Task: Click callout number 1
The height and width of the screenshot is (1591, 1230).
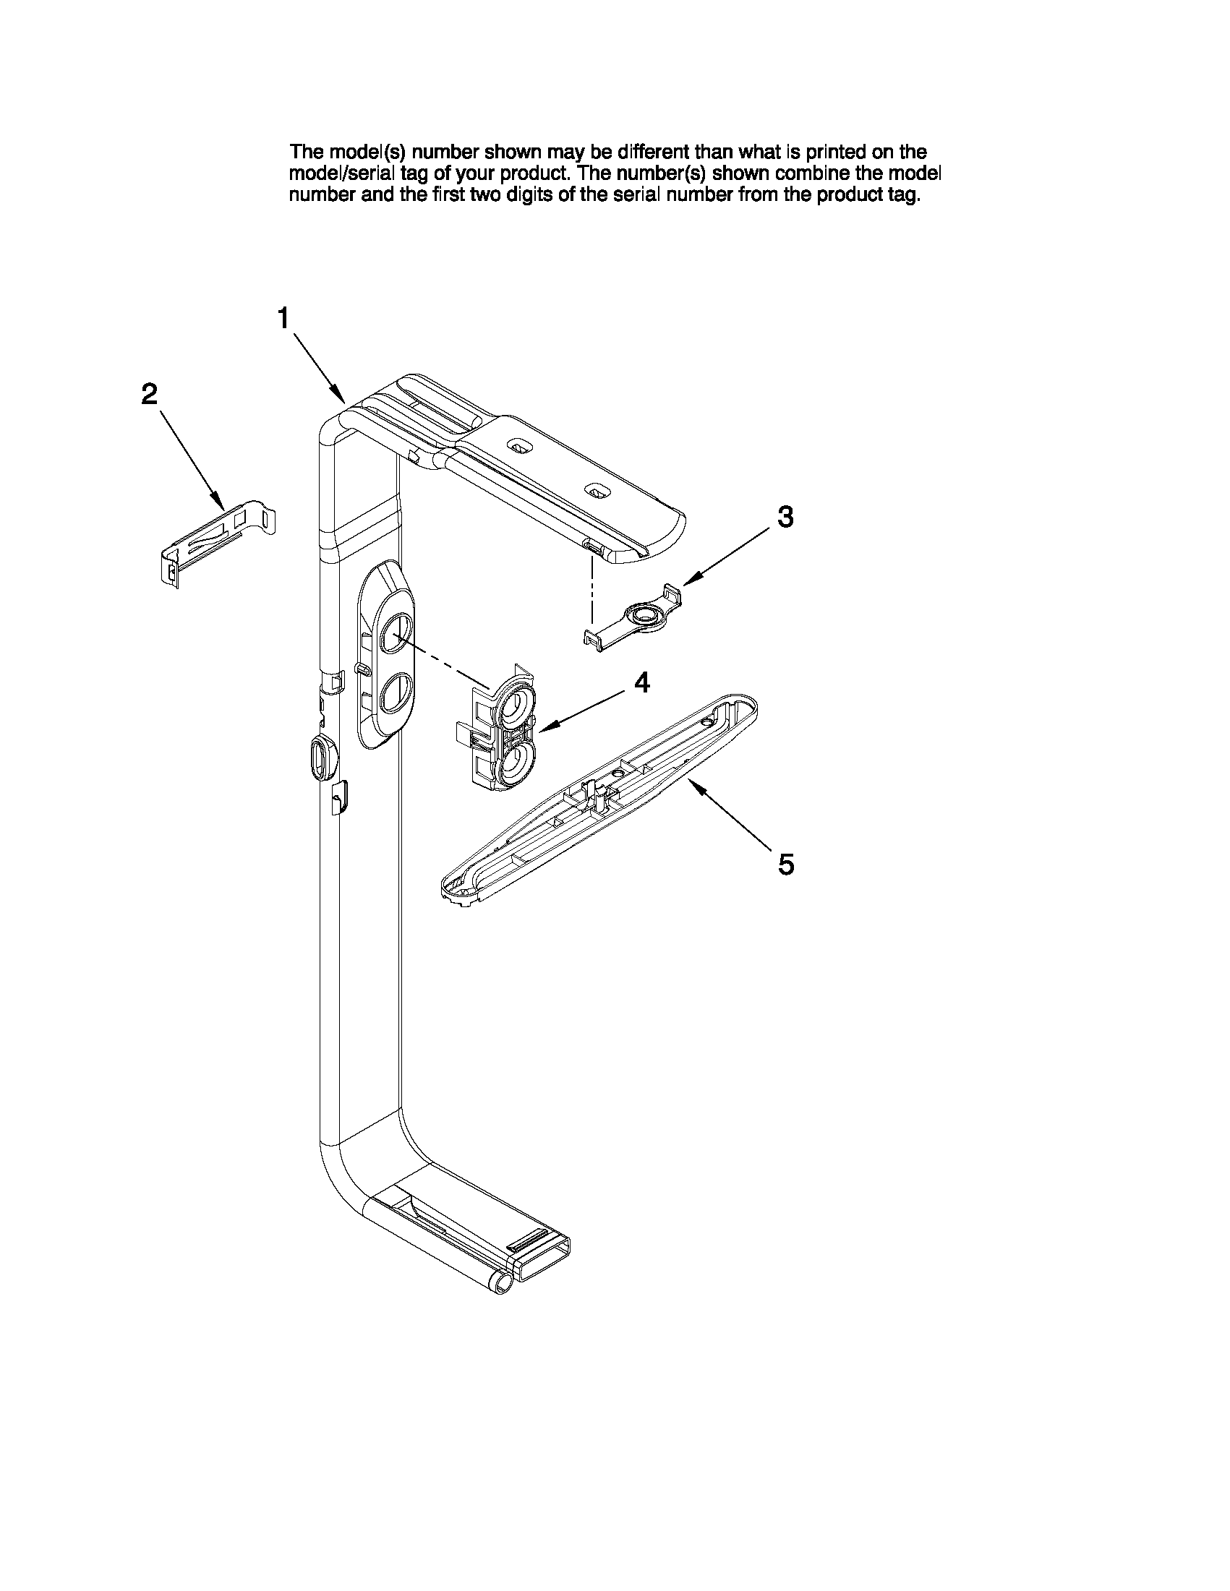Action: coord(283,318)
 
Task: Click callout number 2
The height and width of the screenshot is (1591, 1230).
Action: coord(149,394)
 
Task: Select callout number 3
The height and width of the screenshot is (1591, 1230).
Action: coord(785,517)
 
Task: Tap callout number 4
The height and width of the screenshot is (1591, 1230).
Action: coord(641,682)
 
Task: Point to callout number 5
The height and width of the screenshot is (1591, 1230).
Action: coord(785,865)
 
